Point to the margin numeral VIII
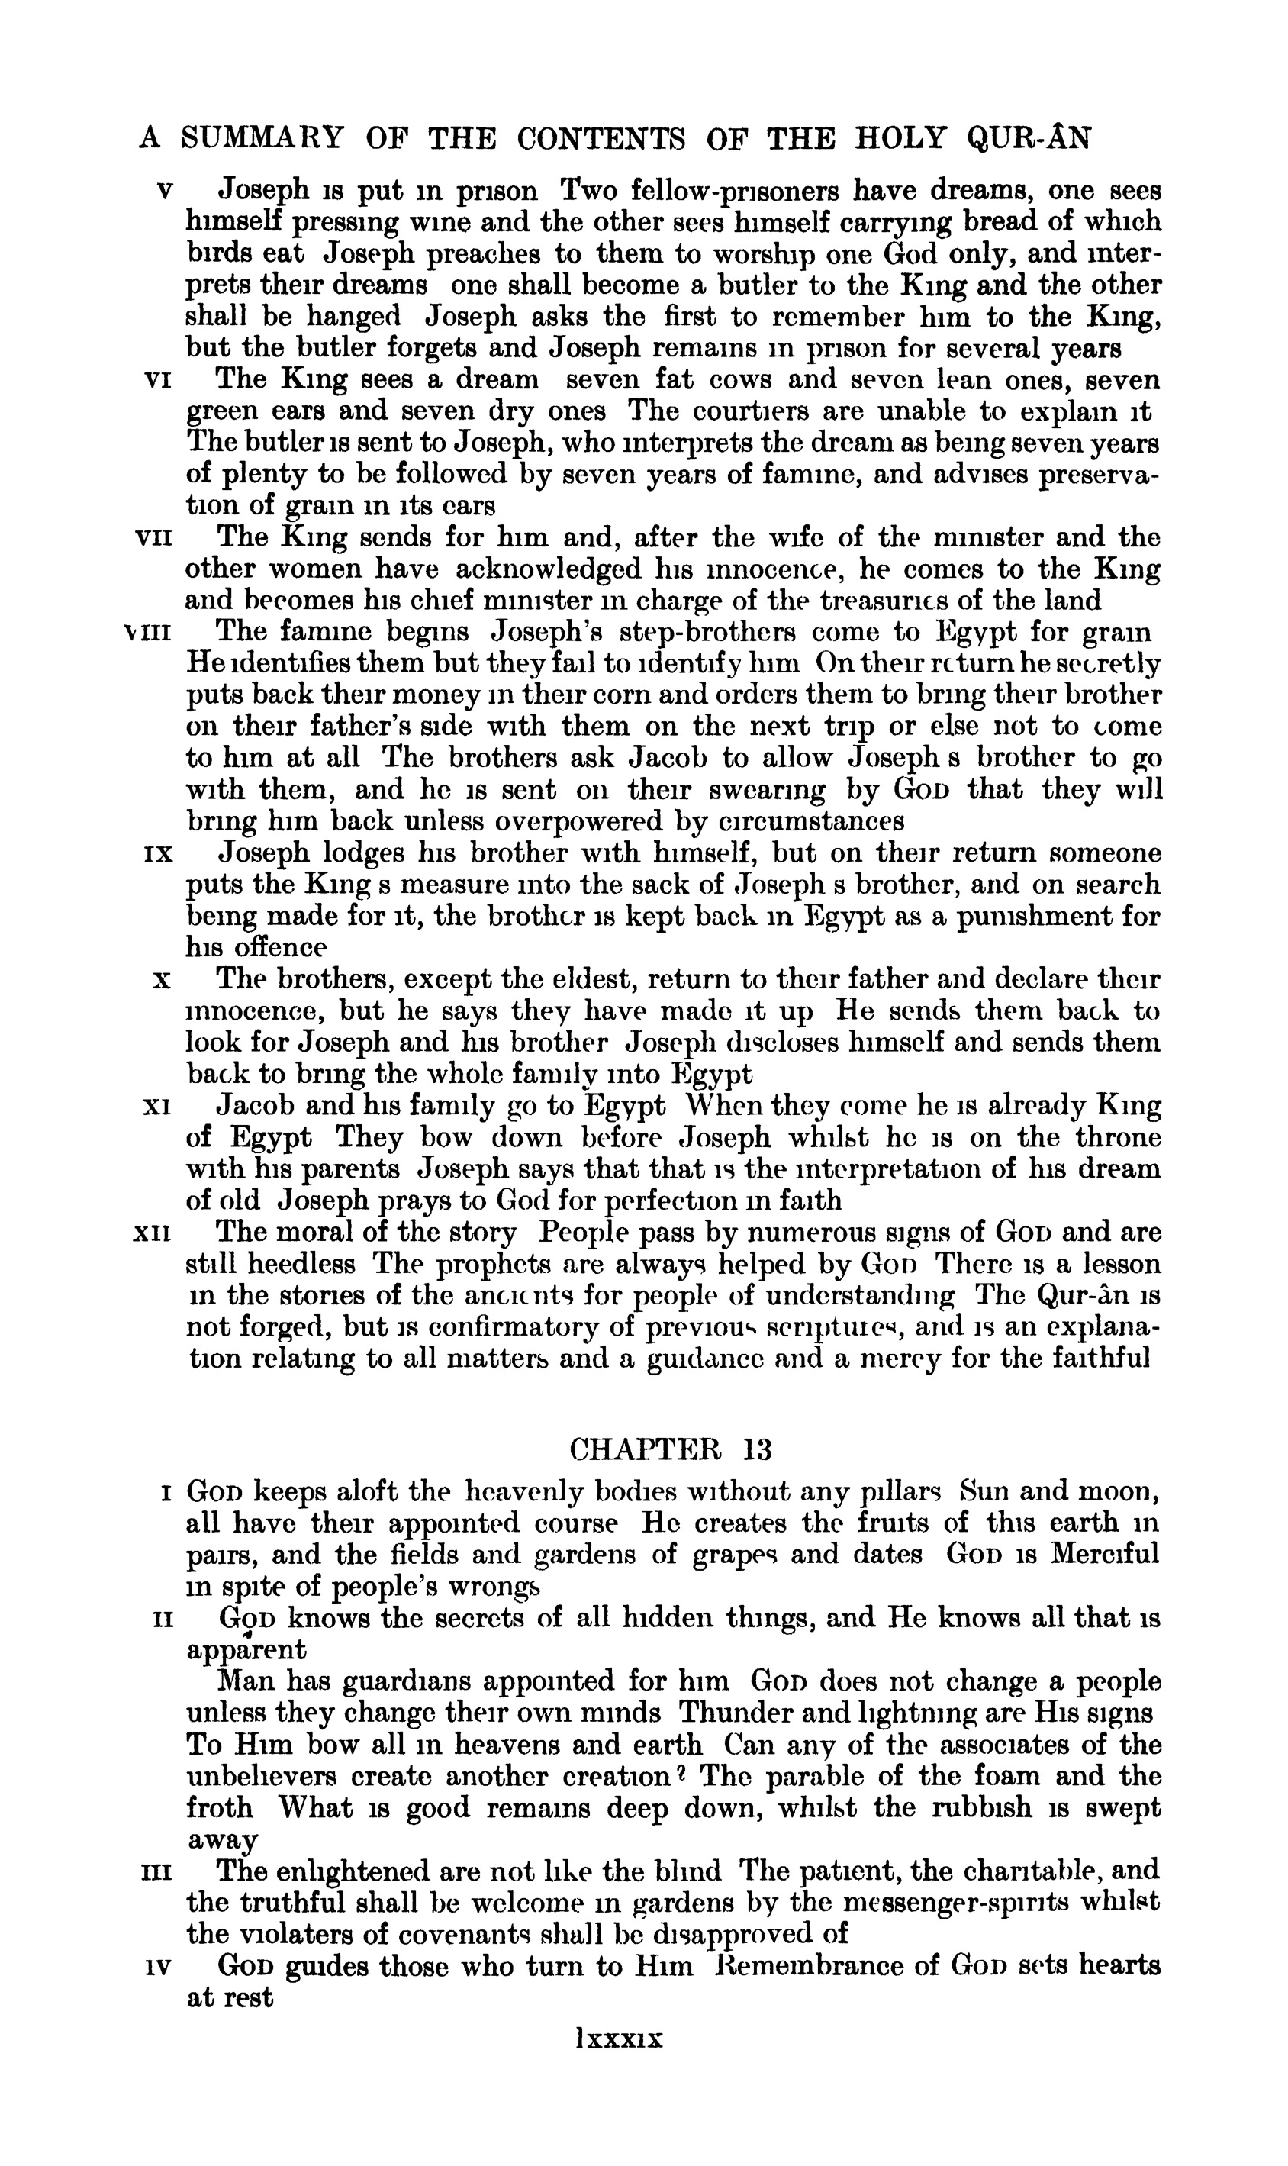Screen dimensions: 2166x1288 point(149,633)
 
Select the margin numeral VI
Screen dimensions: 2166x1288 point(156,380)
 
